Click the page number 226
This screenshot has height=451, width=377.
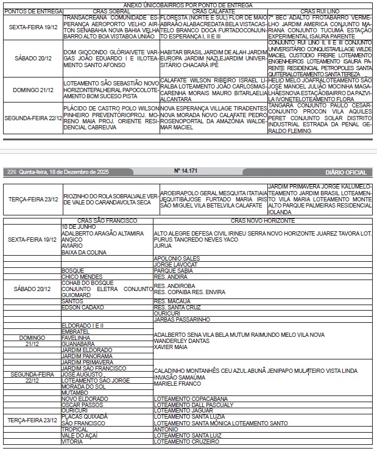point(12,172)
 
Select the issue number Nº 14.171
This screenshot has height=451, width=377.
point(186,172)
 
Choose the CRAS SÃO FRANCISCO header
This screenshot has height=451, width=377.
point(107,220)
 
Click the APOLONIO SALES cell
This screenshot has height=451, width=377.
point(174,258)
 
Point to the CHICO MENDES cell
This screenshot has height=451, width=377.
point(82,276)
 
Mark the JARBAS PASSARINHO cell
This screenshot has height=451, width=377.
point(182,319)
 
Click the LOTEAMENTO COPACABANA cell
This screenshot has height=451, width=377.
point(182,399)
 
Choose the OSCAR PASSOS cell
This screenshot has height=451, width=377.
point(83,405)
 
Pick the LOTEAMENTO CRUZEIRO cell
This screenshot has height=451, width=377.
point(178,441)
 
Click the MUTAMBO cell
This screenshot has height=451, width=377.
point(76,392)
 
